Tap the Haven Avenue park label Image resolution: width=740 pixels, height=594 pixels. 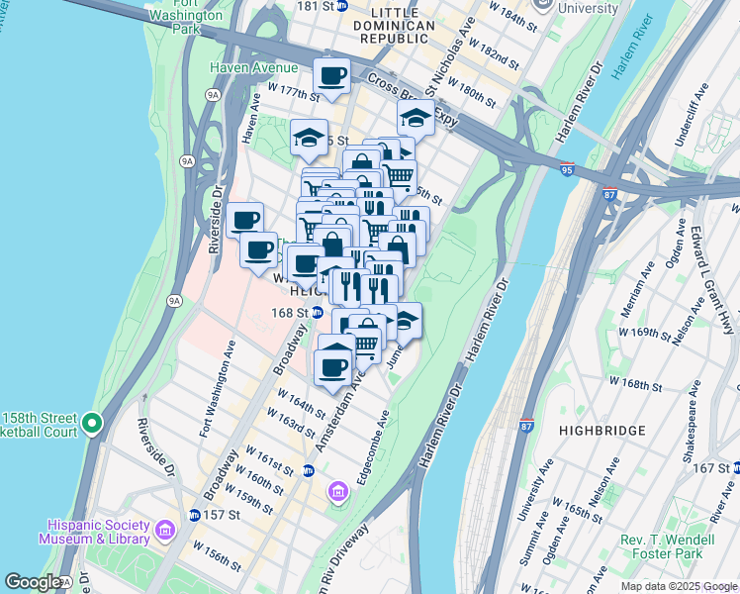point(253,67)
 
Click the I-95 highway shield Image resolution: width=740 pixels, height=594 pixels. point(566,170)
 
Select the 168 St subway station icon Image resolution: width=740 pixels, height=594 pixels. point(318,313)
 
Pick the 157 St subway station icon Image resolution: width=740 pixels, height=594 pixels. point(195,516)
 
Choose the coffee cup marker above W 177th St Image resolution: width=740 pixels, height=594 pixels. point(332,75)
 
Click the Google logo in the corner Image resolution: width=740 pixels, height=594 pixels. point(33,582)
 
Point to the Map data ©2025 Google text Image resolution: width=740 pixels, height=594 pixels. point(678,586)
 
